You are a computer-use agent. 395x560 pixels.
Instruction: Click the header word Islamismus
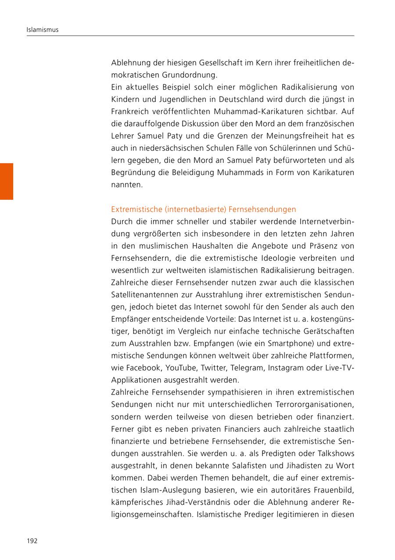point(43,30)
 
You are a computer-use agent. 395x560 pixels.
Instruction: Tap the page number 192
point(32,541)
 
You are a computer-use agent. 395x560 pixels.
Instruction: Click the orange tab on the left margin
point(7,181)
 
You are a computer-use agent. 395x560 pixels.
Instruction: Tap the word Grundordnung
point(192,75)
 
